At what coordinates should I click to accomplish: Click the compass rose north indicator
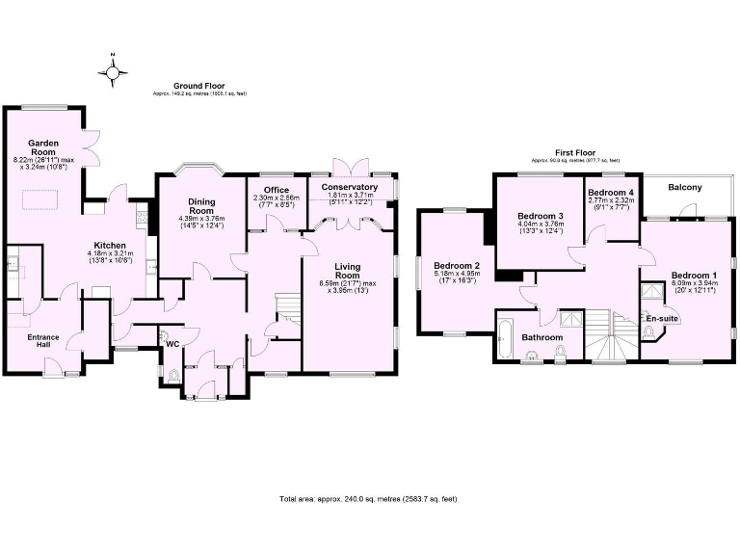coord(114,70)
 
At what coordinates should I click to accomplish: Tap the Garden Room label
coord(44,146)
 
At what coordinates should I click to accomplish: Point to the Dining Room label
coord(200,205)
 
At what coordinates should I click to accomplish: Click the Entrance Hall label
coord(43,341)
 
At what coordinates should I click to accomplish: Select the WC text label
coord(172,343)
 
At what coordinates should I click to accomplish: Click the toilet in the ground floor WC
coord(172,376)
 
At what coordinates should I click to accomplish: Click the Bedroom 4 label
coord(611,194)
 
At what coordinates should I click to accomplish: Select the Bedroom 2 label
coord(457,265)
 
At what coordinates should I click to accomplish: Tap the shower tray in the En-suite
coord(652,290)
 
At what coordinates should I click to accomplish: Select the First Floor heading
coord(575,152)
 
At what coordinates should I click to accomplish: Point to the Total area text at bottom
coord(368,499)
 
